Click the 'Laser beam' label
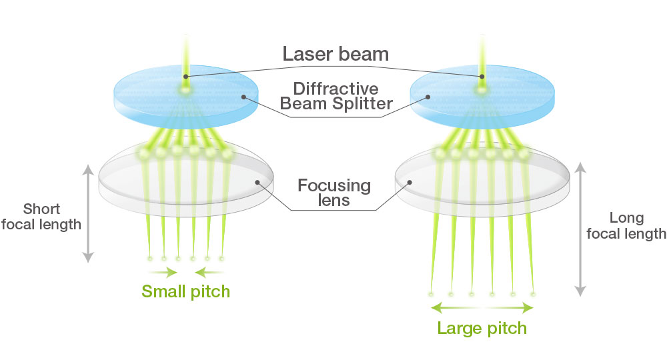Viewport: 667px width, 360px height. click(x=336, y=53)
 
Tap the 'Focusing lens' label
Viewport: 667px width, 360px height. click(x=333, y=191)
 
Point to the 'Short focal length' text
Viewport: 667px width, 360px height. click(x=41, y=215)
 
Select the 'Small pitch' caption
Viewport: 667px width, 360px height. click(x=185, y=291)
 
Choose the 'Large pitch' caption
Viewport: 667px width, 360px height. click(x=482, y=328)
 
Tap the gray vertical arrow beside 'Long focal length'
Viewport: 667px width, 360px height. click(x=580, y=227)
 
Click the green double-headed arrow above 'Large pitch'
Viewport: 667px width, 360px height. click(x=482, y=307)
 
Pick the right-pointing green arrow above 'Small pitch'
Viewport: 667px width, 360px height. click(x=163, y=272)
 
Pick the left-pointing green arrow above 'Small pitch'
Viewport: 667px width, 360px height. click(x=209, y=272)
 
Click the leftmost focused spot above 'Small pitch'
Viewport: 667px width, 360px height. click(x=150, y=258)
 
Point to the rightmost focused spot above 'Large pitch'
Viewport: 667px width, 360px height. click(x=533, y=293)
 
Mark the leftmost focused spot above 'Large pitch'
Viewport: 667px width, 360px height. click(x=431, y=293)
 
